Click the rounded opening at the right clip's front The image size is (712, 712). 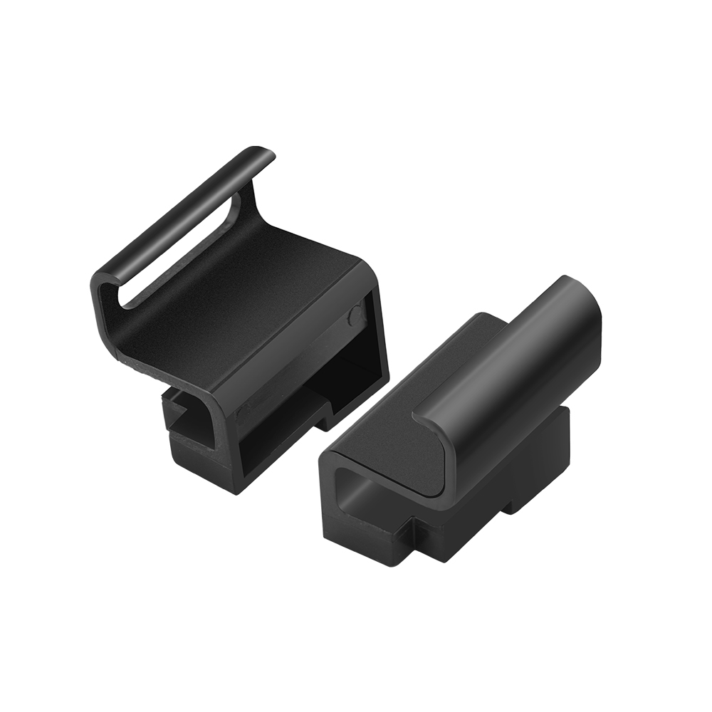[x=370, y=491]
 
